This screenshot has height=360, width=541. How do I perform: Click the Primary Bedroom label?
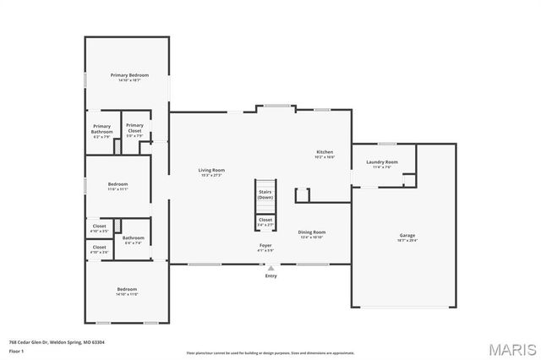pyautogui.click(x=129, y=75)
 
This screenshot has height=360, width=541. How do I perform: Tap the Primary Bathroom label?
pyautogui.click(x=102, y=129)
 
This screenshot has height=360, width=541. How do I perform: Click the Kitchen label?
pyautogui.click(x=325, y=152)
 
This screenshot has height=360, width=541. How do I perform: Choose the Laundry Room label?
pyautogui.click(x=382, y=161)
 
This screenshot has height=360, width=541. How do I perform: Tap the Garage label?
pyautogui.click(x=407, y=235)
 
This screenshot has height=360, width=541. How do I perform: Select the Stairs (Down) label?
pyautogui.click(x=265, y=194)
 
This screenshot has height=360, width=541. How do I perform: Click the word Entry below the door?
pyautogui.click(x=270, y=275)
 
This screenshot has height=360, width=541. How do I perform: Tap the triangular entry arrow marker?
pyautogui.click(x=270, y=268)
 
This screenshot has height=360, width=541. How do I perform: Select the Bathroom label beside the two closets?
pyautogui.click(x=133, y=237)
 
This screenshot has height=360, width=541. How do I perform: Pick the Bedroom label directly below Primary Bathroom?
pyautogui.click(x=117, y=184)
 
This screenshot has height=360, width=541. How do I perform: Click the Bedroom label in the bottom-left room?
pyautogui.click(x=127, y=289)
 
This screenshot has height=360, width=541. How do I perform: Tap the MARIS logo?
pyautogui.click(x=510, y=348)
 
